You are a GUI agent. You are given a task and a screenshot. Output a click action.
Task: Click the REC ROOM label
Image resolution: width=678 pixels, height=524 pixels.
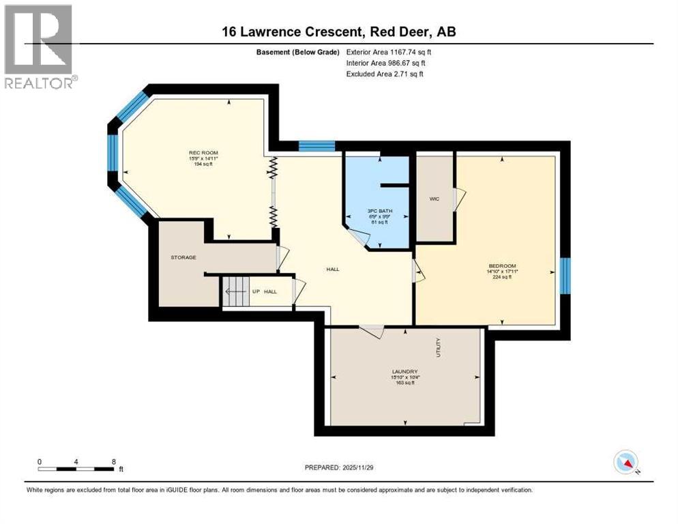(x=203, y=152)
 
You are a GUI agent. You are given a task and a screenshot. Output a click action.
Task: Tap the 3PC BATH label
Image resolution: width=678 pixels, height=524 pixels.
(x=377, y=210)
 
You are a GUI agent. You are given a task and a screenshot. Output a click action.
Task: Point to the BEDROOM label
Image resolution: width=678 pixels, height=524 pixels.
(x=501, y=265)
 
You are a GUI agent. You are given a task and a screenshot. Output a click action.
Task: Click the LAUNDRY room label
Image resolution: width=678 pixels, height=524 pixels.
(x=404, y=371)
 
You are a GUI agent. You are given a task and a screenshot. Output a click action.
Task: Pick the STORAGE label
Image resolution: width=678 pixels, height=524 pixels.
(x=183, y=257)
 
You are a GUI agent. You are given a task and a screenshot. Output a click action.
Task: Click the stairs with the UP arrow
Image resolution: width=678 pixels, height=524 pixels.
(x=235, y=291)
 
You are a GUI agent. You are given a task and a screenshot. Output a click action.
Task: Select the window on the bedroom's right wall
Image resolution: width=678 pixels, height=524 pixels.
(x=565, y=276)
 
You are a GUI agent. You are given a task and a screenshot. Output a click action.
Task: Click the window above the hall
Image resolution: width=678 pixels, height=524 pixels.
(x=316, y=145)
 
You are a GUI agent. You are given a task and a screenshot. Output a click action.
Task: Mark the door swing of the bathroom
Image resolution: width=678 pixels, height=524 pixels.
(x=359, y=237)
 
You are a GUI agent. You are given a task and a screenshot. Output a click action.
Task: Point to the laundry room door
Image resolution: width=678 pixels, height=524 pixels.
(x=373, y=331)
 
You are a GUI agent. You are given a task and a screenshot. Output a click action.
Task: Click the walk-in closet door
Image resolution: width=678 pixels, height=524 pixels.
(x=460, y=200)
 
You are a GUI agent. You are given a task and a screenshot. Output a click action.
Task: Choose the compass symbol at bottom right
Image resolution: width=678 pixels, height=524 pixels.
(x=625, y=462)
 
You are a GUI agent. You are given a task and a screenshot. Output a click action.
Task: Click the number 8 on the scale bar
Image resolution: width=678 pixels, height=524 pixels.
(x=113, y=461)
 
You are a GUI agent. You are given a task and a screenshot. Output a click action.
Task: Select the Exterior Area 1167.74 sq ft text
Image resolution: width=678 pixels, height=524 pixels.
(x=389, y=52)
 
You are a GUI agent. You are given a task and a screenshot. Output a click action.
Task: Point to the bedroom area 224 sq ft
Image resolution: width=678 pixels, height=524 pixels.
(x=501, y=278)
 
